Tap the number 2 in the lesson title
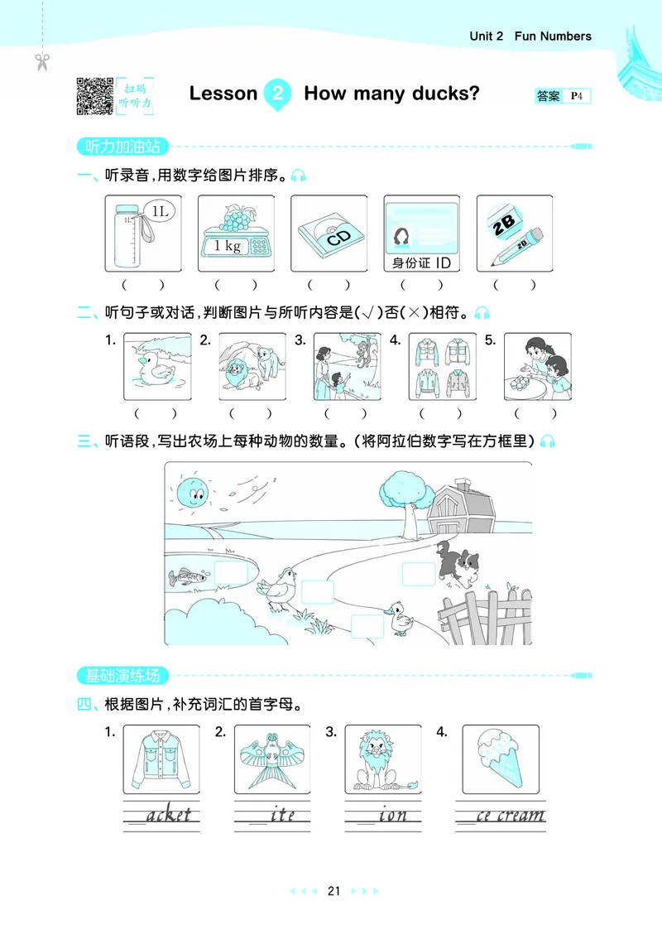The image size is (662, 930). point(277,94)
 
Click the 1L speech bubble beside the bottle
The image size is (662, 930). point(159,212)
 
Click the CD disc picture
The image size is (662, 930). point(329,234)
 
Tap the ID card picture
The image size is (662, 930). point(421,234)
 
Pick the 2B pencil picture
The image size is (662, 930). point(514,234)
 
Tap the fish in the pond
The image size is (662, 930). point(187,575)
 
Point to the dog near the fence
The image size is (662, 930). point(458,564)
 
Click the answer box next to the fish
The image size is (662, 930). point(231,573)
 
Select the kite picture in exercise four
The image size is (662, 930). point(271,758)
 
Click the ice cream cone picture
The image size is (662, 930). point(499,758)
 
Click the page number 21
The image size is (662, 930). point(334,891)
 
